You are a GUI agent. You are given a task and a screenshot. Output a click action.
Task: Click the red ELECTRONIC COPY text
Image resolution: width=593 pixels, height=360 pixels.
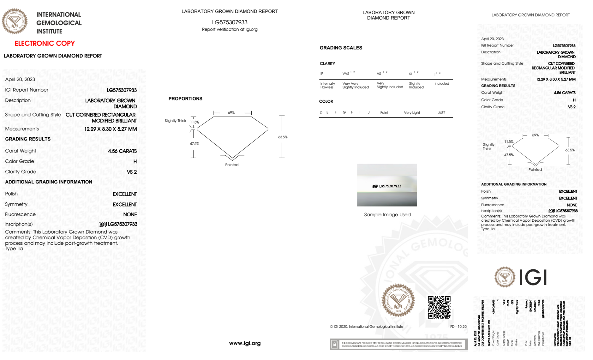click(x=45, y=43)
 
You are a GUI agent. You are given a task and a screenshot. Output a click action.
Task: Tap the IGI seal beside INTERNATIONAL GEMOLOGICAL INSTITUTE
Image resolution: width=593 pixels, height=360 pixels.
click(x=15, y=21)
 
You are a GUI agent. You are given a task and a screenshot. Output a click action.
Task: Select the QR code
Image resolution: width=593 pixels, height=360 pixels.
click(x=439, y=307)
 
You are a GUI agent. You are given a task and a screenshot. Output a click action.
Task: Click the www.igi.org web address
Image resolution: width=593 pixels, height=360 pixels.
click(x=245, y=343)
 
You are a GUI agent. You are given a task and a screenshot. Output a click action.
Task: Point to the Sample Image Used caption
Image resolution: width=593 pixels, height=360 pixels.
click(x=387, y=215)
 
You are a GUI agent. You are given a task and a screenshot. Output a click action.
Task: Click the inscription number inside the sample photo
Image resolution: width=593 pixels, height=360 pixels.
click(x=390, y=186)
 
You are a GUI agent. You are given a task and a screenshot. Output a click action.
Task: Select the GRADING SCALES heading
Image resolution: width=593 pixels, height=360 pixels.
click(x=341, y=48)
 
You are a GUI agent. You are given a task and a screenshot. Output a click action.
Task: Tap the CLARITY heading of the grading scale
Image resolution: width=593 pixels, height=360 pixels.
click(x=327, y=63)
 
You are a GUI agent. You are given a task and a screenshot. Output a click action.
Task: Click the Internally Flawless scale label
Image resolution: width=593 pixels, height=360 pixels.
click(x=327, y=85)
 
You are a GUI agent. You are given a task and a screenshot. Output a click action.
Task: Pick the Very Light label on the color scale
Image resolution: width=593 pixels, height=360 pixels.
click(x=412, y=113)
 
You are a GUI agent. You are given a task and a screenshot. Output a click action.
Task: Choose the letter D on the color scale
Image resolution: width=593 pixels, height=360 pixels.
click(x=321, y=112)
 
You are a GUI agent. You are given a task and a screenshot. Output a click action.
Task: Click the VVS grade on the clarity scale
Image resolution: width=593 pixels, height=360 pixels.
click(x=346, y=73)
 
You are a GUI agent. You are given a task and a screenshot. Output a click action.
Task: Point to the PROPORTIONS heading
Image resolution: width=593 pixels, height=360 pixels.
click(x=185, y=99)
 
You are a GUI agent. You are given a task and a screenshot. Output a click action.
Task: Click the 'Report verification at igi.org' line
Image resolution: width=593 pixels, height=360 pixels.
click(x=230, y=29)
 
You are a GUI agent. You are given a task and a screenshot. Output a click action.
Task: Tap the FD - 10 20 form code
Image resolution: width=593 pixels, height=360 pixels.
click(x=458, y=327)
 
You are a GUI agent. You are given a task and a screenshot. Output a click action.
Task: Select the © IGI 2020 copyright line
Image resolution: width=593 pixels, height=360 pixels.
click(x=367, y=327)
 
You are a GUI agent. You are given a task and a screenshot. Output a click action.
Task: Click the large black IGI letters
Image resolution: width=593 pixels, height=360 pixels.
click(x=533, y=278)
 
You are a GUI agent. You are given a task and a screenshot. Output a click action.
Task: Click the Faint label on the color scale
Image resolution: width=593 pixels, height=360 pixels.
click(x=384, y=113)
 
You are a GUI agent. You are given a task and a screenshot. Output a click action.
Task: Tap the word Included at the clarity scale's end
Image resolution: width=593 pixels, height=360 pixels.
click(x=442, y=84)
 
